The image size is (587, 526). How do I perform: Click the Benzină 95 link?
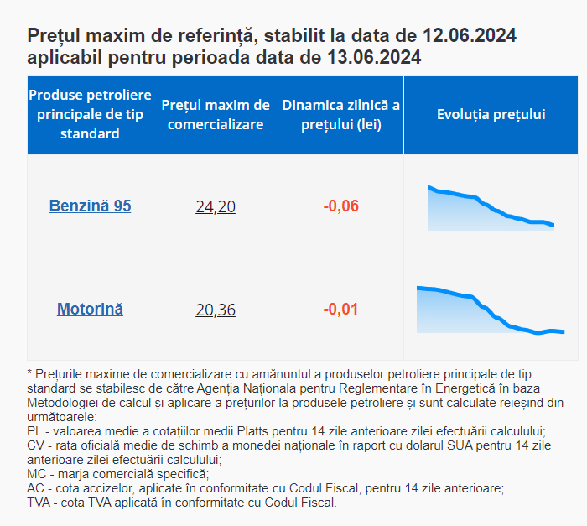click(x=90, y=206)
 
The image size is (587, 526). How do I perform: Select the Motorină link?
click(x=90, y=309)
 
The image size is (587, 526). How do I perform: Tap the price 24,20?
click(x=216, y=206)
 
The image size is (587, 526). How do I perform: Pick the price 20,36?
click(x=216, y=310)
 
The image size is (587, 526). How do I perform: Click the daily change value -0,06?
click(x=340, y=206)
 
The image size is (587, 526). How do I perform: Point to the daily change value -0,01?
click(x=340, y=310)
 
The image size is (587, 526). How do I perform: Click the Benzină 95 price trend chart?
click(x=491, y=208)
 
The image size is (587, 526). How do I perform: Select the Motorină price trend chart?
click(x=491, y=310)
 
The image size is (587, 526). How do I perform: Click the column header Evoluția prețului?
click(x=491, y=114)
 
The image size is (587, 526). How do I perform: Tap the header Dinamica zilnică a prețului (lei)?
click(x=340, y=115)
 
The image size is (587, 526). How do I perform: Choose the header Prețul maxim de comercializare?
click(x=216, y=115)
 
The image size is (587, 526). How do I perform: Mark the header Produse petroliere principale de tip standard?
click(x=90, y=115)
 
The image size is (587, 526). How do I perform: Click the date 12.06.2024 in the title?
click(x=470, y=37)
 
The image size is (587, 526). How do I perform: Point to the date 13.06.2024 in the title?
click(x=375, y=58)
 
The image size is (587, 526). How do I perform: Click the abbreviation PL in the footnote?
click(x=35, y=430)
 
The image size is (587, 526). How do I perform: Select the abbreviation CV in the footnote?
click(x=36, y=445)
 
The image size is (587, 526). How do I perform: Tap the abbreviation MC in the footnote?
click(x=37, y=474)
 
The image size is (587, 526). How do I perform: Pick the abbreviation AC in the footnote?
click(x=36, y=488)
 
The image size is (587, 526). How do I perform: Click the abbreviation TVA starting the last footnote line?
click(x=40, y=503)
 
